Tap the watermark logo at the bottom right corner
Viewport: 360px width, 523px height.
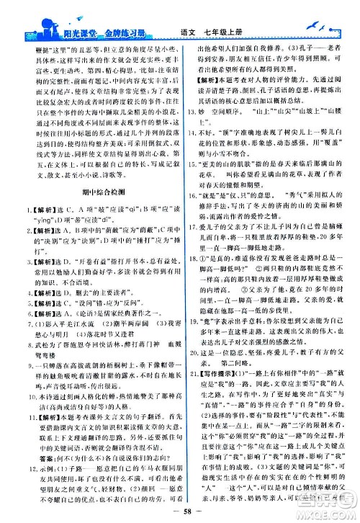point(330,507)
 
